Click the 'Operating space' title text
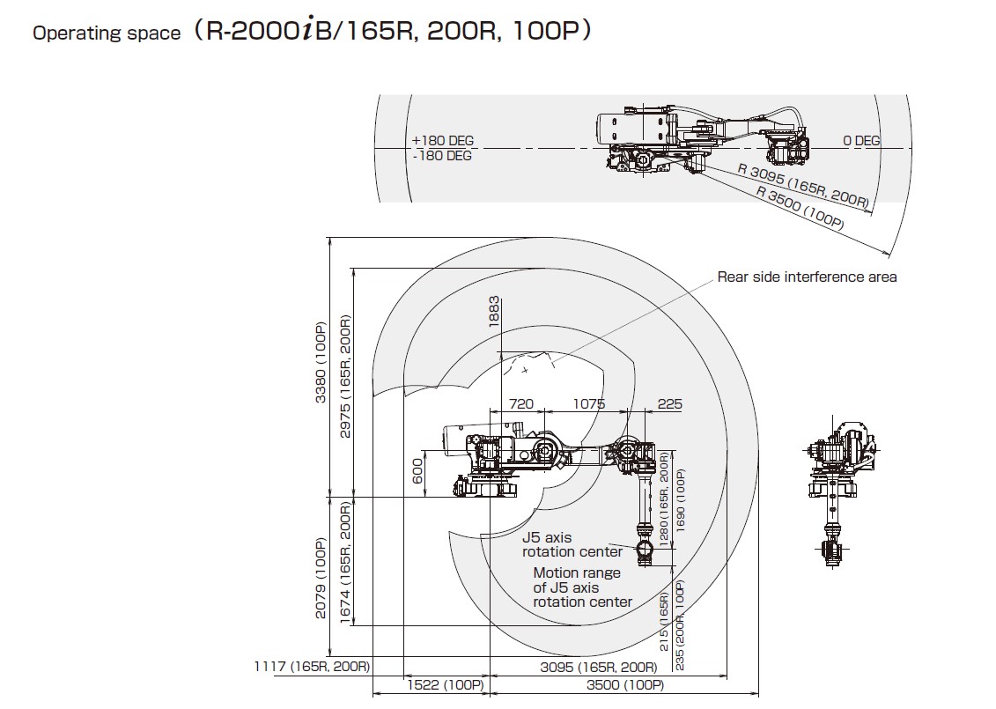coord(107,33)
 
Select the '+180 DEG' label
coord(442,141)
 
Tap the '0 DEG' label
coord(860,141)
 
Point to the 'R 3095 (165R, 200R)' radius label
coord(802,188)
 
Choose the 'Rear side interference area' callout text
coord(807,277)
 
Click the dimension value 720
coord(521,404)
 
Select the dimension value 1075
coord(588,404)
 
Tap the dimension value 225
coord(670,404)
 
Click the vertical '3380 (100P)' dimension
coord(321,363)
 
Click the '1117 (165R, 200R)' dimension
coord(313,667)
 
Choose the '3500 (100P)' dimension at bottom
coord(625,685)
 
